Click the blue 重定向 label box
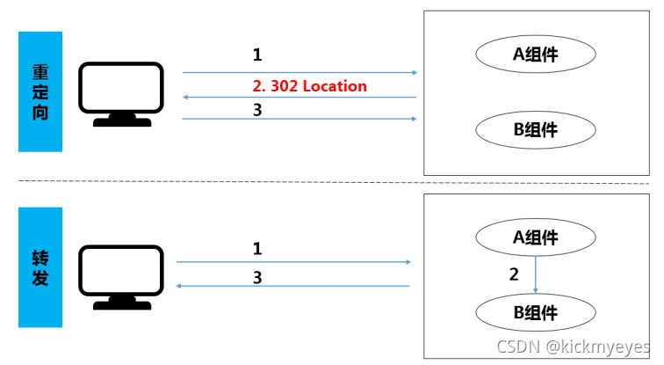click(40, 91)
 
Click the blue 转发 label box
click(40, 266)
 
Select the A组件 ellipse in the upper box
click(536, 55)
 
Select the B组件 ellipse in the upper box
click(536, 130)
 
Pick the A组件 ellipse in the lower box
click(536, 237)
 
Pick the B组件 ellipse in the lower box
click(536, 311)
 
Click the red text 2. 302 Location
click(309, 85)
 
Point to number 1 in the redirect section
click(257, 55)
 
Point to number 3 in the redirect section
click(257, 109)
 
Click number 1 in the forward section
click(257, 248)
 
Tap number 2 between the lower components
click(515, 274)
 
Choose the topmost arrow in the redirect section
click(299, 72)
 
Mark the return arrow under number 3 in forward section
click(294, 286)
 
